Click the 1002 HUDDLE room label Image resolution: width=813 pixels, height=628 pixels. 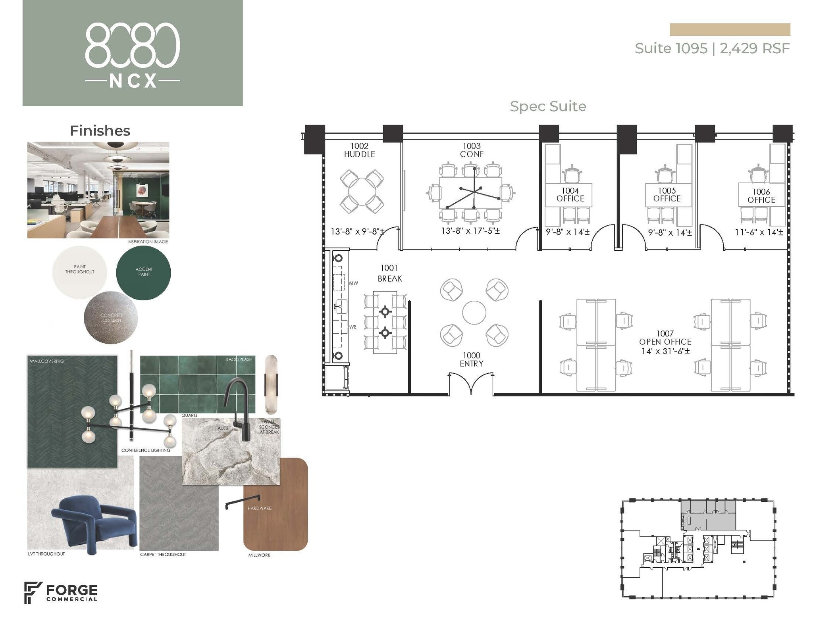tap(359, 150)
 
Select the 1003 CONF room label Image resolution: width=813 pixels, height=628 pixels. tap(472, 150)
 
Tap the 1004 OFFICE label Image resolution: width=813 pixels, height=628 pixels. tap(570, 195)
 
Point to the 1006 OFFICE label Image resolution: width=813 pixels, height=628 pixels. tap(761, 196)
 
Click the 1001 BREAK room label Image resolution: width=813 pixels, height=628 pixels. tap(389, 273)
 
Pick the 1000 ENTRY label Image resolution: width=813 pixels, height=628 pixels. tap(471, 359)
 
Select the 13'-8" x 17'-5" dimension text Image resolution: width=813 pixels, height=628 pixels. tap(470, 230)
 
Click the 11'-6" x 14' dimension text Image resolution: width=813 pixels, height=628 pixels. tap(759, 232)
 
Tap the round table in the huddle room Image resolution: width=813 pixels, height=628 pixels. tap(362, 192)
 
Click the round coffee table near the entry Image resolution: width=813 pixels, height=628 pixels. tap(474, 312)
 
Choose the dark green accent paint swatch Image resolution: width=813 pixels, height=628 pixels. tap(143, 273)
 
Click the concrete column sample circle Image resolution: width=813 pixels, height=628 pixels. tap(111, 318)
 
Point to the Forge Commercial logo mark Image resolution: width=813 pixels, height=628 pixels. tap(33, 592)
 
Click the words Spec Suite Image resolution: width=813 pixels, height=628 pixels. tap(548, 106)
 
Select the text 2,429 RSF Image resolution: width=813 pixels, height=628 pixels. tap(754, 48)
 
